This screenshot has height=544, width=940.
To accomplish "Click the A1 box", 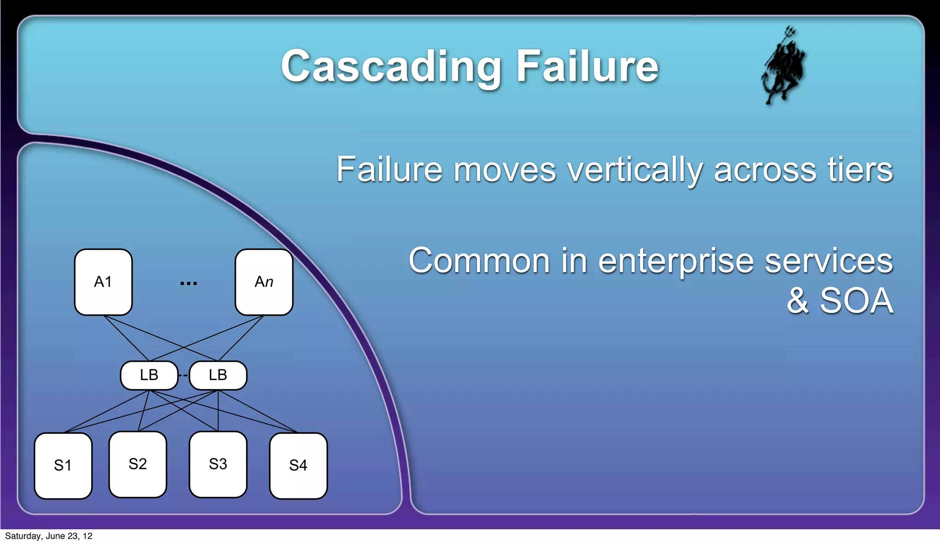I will pyautogui.click(x=103, y=282).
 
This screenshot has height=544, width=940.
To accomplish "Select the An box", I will pyautogui.click(x=264, y=282).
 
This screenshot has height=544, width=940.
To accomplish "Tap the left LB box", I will pyautogui.click(x=149, y=375).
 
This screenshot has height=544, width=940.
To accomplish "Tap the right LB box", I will pyautogui.click(x=218, y=375).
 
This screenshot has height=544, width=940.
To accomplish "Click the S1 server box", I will pyautogui.click(x=63, y=465).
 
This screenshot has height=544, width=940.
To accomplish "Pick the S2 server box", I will pyautogui.click(x=138, y=464).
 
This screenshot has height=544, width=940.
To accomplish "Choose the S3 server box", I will pyautogui.click(x=218, y=464).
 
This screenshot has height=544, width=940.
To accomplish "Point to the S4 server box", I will pyautogui.click(x=298, y=465).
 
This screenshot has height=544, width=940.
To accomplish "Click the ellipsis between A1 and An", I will pyautogui.click(x=189, y=283).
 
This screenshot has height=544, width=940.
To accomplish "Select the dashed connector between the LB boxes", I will pyautogui.click(x=184, y=376).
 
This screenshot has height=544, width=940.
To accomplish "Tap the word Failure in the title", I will pyautogui.click(x=587, y=67).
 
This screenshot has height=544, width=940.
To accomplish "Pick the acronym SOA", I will pyautogui.click(x=856, y=301).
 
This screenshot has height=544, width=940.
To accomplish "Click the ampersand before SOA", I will pyautogui.click(x=798, y=301).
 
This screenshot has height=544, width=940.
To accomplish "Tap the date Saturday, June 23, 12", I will pyautogui.click(x=49, y=536).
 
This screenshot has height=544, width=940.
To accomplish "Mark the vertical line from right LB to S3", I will pyautogui.click(x=218, y=411).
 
